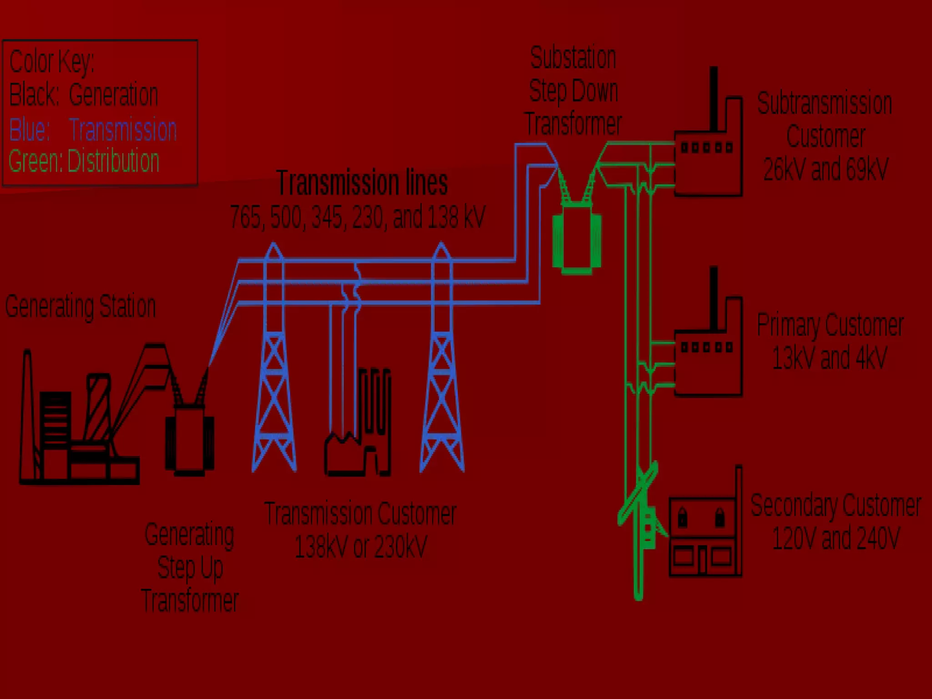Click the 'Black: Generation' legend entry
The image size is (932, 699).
(x=84, y=95)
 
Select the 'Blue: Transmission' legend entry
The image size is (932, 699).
(x=93, y=129)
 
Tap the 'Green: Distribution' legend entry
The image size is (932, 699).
(x=84, y=161)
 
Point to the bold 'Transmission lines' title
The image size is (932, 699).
(x=362, y=182)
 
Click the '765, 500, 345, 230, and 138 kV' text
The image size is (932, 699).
(x=358, y=217)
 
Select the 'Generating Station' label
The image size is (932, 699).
(x=81, y=306)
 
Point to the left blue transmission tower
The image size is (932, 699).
(x=274, y=364)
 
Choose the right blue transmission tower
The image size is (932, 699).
(x=441, y=364)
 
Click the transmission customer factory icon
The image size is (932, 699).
(x=358, y=437)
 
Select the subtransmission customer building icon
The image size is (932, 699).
(x=708, y=155)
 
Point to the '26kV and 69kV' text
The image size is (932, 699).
(x=826, y=169)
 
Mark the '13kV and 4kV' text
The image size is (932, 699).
(x=829, y=358)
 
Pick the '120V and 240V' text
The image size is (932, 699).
(x=836, y=538)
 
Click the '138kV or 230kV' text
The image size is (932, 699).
(x=360, y=547)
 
